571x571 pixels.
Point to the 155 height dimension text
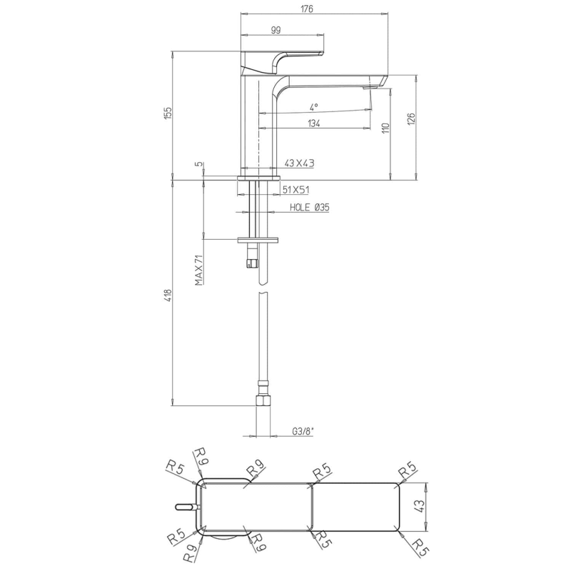tap(168, 113)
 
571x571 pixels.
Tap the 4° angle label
tap(314, 106)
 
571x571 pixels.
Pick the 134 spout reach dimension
tap(313, 123)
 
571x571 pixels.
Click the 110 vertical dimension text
tap(385, 128)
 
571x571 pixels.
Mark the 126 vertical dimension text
tap(410, 118)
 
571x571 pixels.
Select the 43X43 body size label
tap(300, 163)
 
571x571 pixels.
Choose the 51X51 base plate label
tap(295, 190)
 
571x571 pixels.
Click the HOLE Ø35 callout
tap(309, 208)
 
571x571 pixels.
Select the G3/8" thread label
tap(303, 431)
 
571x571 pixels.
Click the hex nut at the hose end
tap(262, 400)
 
